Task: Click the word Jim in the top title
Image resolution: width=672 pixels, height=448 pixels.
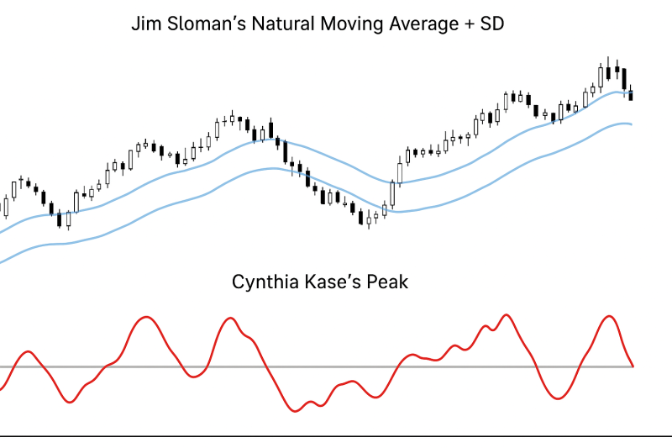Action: click(x=145, y=24)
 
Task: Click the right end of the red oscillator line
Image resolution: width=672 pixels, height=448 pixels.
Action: click(x=632, y=366)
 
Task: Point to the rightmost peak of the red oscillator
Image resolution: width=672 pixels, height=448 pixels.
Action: click(x=608, y=317)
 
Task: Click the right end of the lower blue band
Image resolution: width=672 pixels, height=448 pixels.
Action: click(x=630, y=124)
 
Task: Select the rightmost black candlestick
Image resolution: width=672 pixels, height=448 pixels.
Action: click(x=631, y=95)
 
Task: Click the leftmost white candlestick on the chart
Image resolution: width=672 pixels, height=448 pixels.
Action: click(x=6, y=206)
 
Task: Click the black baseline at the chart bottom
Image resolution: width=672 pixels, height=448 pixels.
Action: click(x=336, y=435)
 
